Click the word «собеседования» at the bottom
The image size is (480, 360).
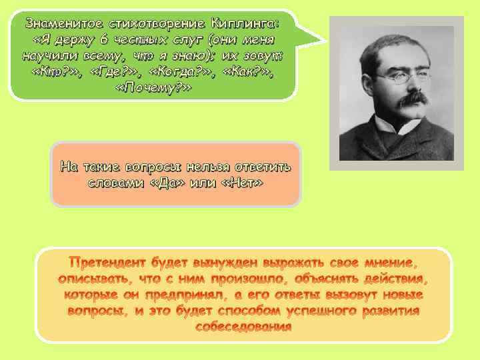[243, 327]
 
